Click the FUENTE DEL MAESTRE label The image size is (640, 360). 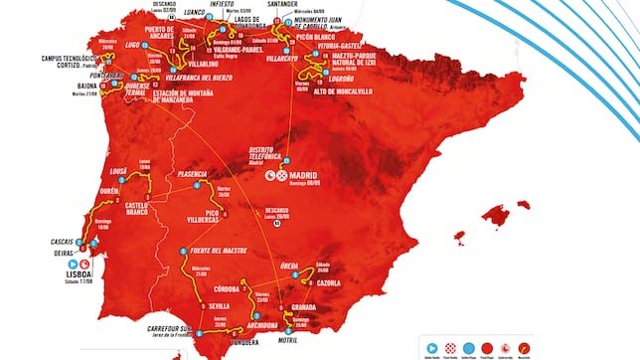[x=220, y=252]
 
